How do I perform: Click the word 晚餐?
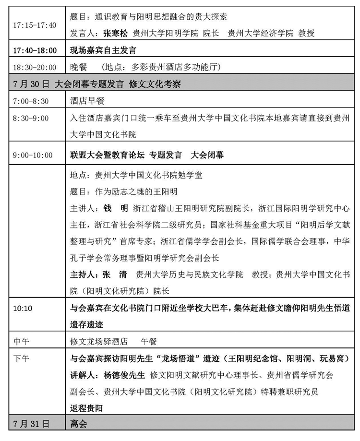(77, 68)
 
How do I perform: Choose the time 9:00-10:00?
(33, 155)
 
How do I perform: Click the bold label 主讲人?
(83, 209)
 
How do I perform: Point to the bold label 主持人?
(83, 275)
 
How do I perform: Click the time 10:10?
(23, 308)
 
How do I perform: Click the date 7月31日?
(32, 425)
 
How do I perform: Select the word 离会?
(78, 425)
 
